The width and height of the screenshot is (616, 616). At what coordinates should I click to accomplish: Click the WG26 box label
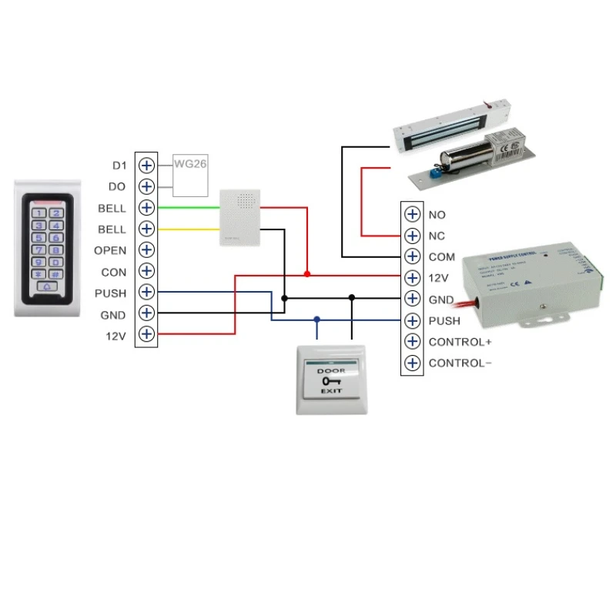pyautogui.click(x=189, y=163)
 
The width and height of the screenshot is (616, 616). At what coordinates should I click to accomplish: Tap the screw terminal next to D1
pyautogui.click(x=146, y=166)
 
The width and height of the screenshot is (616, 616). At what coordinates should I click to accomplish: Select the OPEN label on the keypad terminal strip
pyautogui.click(x=110, y=250)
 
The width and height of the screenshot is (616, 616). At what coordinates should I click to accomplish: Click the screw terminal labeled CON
pyautogui.click(x=146, y=272)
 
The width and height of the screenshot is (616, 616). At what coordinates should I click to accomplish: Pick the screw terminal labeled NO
pyautogui.click(x=412, y=215)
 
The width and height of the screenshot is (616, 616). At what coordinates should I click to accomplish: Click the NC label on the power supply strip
pyautogui.click(x=437, y=236)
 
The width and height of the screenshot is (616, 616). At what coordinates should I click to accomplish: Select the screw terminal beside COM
pyautogui.click(x=412, y=257)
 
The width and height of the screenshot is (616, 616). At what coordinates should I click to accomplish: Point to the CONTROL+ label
pyautogui.click(x=460, y=342)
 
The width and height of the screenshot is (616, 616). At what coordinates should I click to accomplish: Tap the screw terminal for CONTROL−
pyautogui.click(x=412, y=363)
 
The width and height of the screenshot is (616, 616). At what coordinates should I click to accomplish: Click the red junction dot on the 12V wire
pyautogui.click(x=307, y=274)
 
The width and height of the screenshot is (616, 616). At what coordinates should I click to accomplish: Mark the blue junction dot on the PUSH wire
pyautogui.click(x=316, y=319)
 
